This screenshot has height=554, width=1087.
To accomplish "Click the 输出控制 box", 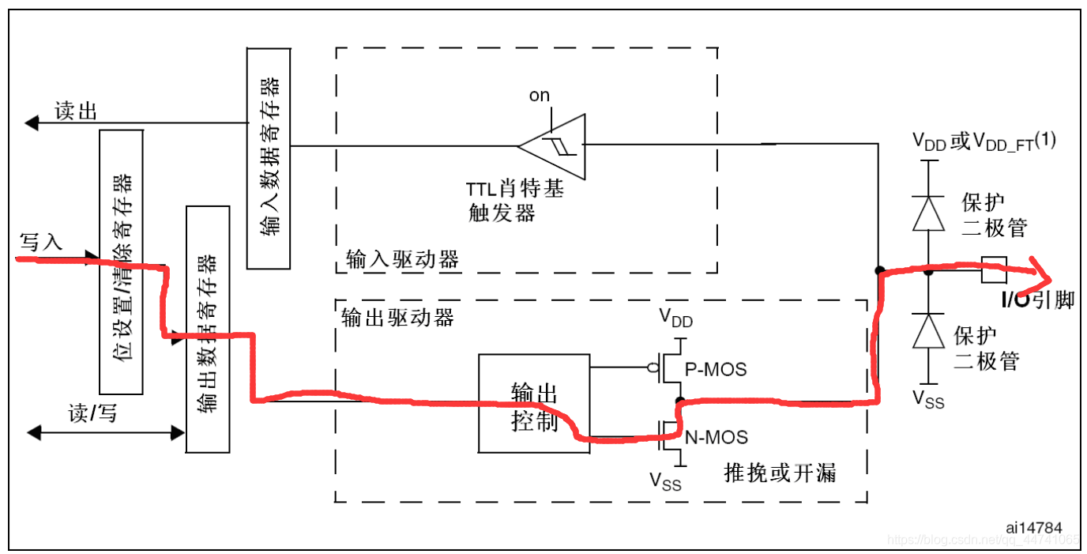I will click(534, 403).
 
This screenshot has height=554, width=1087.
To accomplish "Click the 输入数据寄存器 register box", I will click(268, 158).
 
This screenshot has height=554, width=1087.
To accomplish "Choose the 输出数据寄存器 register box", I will click(207, 329).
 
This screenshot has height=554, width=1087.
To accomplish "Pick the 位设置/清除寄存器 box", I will click(121, 262).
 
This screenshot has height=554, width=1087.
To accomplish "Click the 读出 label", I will click(76, 111).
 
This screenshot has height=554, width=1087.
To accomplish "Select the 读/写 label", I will click(92, 413).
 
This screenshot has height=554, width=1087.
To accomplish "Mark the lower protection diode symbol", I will click(928, 331).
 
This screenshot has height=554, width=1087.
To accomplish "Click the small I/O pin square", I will click(993, 270).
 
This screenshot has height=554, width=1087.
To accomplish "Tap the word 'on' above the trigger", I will click(540, 96).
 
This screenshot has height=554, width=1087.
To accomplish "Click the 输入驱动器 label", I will click(402, 259).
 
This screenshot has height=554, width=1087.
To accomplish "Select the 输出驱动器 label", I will click(397, 317).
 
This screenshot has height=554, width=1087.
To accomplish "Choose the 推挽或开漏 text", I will click(780, 473).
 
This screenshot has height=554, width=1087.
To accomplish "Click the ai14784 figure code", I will click(1034, 527).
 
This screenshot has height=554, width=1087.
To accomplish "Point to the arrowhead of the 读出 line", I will click(32, 123).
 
